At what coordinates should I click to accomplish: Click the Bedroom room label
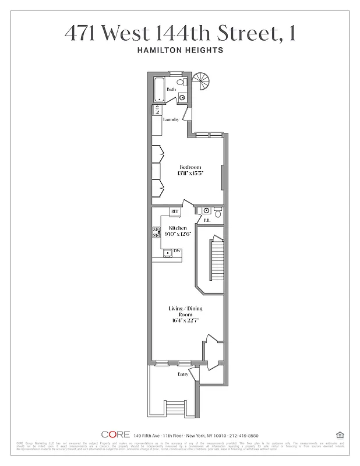[x=189, y=167]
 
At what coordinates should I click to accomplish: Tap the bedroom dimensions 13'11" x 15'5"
[x=189, y=174]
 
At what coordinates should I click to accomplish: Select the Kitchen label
[x=178, y=228]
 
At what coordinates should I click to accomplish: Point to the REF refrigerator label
[x=174, y=211]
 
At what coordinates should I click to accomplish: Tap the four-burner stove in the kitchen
[x=156, y=232]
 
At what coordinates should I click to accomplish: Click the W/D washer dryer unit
[x=157, y=110]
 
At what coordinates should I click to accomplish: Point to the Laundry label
[x=171, y=119]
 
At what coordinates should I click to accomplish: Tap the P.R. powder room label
[x=206, y=220]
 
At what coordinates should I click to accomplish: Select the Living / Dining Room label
[x=180, y=311]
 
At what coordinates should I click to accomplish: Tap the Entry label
[x=182, y=375]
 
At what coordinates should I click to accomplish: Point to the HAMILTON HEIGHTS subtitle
[x=179, y=51]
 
